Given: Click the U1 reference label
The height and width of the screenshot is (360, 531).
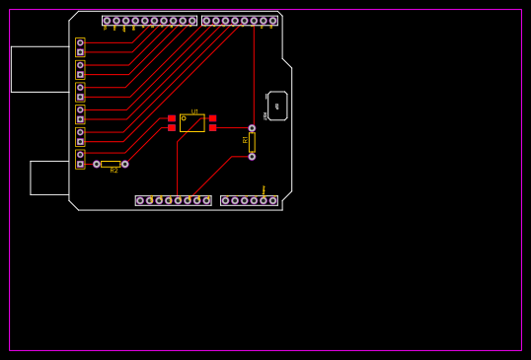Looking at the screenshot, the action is pos(194,111).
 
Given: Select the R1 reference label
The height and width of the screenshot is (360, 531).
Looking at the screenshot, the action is pos(246,140).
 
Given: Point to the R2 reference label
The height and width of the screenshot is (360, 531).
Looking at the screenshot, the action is pos(114,171).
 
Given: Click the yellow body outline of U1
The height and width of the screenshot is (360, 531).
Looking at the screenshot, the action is pos(192,123).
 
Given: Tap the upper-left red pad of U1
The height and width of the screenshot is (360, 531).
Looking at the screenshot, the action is pos(172,118).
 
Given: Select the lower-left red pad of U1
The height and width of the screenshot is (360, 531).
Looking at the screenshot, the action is pos(172,128).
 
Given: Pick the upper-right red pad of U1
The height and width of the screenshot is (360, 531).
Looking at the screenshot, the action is pos(212,118).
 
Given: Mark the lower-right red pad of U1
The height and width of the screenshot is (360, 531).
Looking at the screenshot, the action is pos(212,128).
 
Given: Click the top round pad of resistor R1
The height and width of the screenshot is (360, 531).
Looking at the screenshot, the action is pos(252,128).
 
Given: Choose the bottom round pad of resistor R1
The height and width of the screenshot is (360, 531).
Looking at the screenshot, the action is pos(252,156).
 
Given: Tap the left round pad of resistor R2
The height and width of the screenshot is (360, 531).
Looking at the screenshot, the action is pos(97,164).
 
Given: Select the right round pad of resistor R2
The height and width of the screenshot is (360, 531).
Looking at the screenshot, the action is pos(124,164).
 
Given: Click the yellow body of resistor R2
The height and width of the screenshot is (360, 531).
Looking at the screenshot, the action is pos(111,164).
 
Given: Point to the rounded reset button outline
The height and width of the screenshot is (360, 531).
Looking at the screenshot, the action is pos(277,106).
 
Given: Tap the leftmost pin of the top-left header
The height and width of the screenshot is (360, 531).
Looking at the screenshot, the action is pos(107,21).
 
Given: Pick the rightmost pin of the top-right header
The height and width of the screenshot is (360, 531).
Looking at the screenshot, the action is pos(272,21).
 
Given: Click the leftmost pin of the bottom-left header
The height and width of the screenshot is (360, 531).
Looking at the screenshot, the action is pos(140,200).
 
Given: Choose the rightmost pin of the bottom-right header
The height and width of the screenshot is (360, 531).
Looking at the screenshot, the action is pos(272,200).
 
